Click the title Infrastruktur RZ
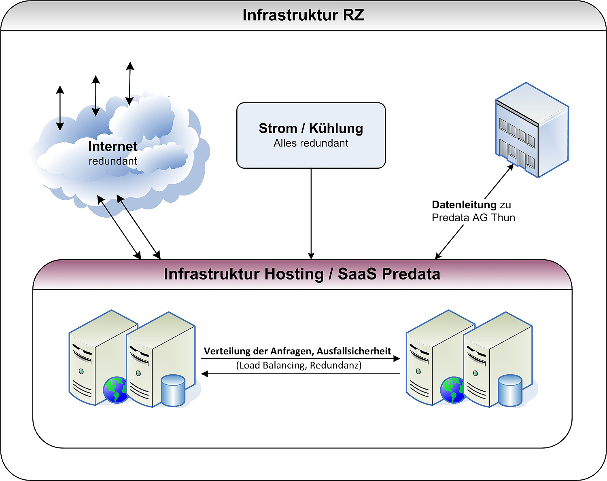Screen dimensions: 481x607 pos(303,15)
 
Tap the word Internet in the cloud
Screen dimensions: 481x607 pos(112,146)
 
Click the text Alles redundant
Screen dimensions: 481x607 pos(311,143)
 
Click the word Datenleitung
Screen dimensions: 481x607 pos(464,205)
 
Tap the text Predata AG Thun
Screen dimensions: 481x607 pos(473,218)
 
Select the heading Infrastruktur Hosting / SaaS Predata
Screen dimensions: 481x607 pos(302,274)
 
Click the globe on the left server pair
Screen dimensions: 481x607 pos(115,390)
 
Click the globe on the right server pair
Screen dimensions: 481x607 pos(452,390)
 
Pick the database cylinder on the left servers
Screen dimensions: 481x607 pos(173,390)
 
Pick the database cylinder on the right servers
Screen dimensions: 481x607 pos(510,390)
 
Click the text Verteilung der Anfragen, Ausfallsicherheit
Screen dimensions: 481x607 pos(297,351)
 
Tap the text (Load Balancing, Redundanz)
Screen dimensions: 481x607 pos(299,365)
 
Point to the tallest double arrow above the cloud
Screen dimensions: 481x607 pos(129,83)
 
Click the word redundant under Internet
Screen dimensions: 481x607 pos(112,161)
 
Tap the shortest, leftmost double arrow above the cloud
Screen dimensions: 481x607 pos(60,108)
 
